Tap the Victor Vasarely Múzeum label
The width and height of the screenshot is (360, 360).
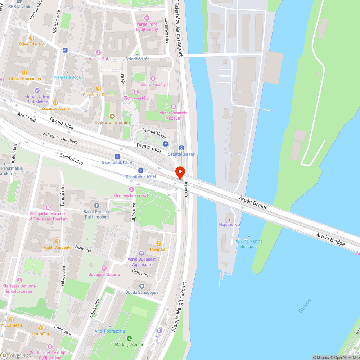[x=174, y=116]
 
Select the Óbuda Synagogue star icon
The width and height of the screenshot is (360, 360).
[x=141, y=286]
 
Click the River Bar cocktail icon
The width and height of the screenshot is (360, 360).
[x=158, y=243]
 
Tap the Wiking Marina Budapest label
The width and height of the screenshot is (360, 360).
[x=249, y=244]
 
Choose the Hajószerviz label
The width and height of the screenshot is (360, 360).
[x=230, y=224]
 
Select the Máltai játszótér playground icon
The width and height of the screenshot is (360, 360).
[x=129, y=338]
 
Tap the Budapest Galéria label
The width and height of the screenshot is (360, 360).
[x=104, y=274]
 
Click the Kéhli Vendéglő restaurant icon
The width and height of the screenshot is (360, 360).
[x=57, y=241]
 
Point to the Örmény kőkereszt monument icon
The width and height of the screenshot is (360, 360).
[x=131, y=189]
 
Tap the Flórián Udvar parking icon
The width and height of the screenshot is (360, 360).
[x=37, y=90]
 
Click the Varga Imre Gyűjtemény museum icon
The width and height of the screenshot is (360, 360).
[x=147, y=18]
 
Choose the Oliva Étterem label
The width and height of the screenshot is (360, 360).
[x=32, y=44]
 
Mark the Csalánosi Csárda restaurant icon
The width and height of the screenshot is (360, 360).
[x=98, y=89]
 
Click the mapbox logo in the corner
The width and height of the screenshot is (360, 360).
[x=16, y=355]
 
